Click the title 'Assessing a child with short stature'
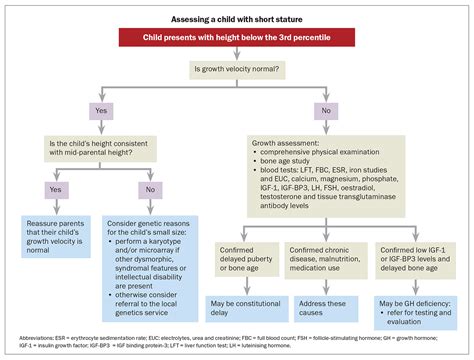(x=237, y=19)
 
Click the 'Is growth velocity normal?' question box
(x=237, y=70)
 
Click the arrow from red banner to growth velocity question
(x=237, y=54)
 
